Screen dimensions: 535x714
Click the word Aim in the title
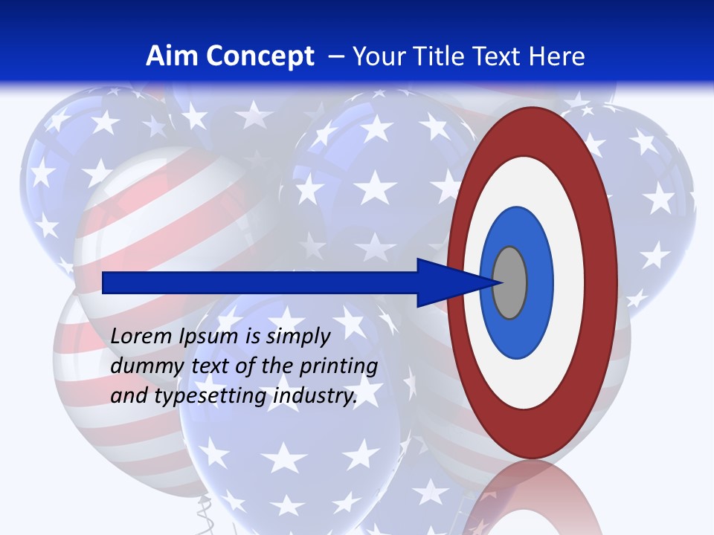click(172, 56)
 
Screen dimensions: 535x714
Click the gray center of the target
click(510, 282)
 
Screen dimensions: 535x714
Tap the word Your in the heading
click(375, 56)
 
